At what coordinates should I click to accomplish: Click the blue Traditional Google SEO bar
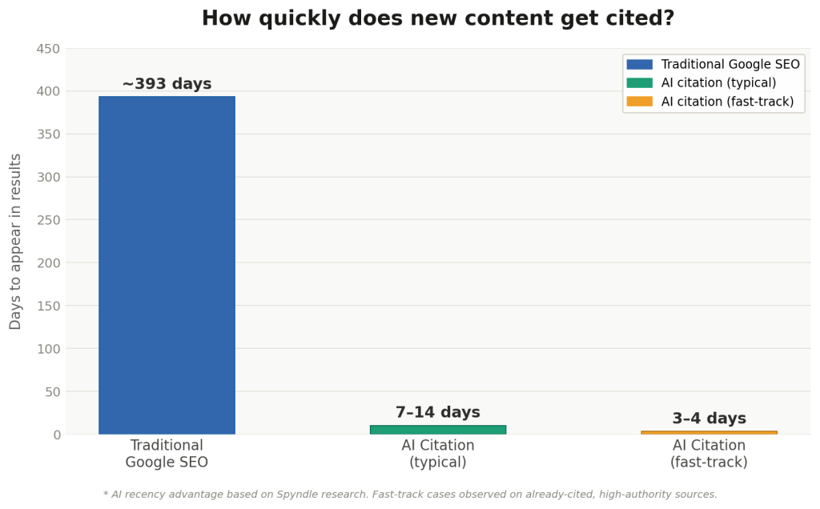167,265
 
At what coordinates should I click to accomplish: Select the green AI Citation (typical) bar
438,430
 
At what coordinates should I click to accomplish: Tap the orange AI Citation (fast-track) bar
709,433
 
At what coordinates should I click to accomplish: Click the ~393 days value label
167,83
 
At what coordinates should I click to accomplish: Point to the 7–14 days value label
438,412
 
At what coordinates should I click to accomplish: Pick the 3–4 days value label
709,418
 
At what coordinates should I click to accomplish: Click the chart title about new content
438,18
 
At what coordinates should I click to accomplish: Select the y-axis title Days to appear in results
15,242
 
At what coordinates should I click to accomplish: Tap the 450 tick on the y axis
48,49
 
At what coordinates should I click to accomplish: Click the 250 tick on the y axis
48,220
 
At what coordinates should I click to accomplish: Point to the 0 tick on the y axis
57,435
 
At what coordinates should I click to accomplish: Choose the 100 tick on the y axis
48,349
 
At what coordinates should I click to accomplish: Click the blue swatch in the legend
640,64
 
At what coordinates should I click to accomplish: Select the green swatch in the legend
640,82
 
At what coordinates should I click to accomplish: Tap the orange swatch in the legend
640,102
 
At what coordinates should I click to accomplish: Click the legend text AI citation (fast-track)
727,102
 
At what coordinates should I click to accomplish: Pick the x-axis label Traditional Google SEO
167,454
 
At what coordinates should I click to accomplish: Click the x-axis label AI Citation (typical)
438,454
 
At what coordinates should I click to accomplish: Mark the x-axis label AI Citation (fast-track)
709,454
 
